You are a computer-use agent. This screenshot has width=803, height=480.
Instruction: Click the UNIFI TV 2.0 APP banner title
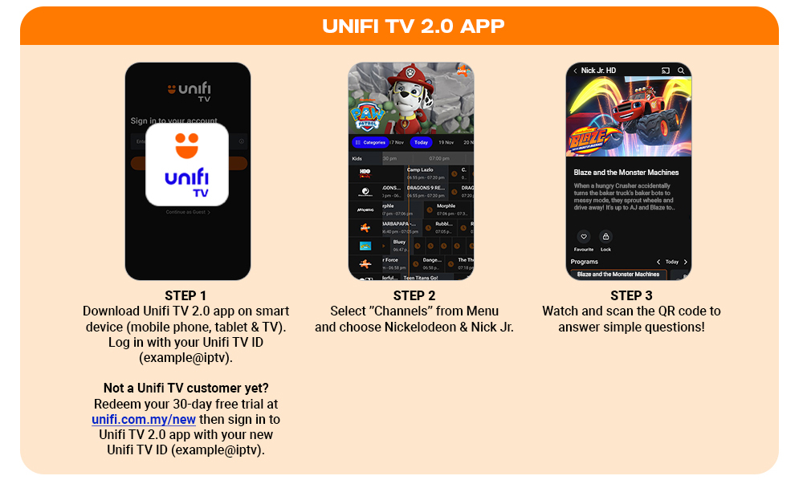pos(413,26)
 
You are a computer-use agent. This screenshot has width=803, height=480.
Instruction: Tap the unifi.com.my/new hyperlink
pos(144,419)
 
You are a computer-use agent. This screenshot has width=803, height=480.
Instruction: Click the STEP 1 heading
pos(186,295)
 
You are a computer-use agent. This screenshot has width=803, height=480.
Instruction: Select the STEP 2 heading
pos(414,295)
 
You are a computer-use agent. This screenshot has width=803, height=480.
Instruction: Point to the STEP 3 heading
pos(631,295)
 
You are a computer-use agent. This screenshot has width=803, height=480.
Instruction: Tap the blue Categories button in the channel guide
pos(370,142)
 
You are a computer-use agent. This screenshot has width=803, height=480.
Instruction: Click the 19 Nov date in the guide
pos(446,142)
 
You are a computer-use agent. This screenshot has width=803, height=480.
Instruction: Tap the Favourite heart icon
pos(583,237)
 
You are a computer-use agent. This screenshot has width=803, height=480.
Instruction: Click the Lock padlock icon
pos(605,237)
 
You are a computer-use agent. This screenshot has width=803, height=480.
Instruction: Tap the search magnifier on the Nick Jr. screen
pos(681,71)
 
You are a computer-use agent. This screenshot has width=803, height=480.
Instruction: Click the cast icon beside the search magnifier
pos(665,71)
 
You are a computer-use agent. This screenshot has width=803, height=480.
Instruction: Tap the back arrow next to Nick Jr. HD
pos(575,71)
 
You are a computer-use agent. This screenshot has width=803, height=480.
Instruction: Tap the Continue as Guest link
pos(187,212)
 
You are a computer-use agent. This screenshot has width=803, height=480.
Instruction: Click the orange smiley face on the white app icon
pos(187,145)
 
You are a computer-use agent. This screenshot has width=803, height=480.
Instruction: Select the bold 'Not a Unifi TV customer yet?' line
pos(186,388)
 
